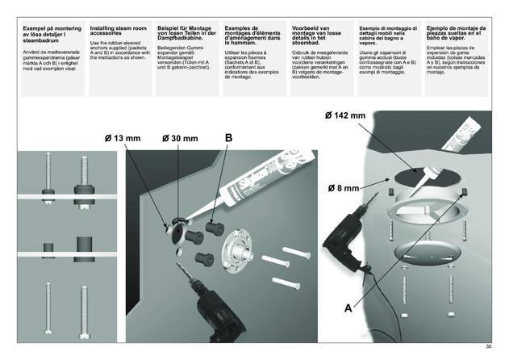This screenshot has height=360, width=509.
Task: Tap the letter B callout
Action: tap(228, 138)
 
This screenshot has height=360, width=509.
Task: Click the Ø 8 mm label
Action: tap(342, 187)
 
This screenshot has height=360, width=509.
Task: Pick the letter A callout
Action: tap(347, 307)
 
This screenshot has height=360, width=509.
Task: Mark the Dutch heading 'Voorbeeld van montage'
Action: tap(318, 31)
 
